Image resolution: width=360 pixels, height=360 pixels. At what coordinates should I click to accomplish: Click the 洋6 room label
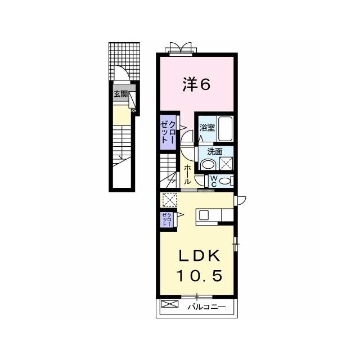pyautogui.click(x=196, y=85)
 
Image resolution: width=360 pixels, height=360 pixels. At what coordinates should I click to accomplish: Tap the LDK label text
pyautogui.click(x=199, y=255)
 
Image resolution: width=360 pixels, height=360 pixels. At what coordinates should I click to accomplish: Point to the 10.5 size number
pyautogui.click(x=199, y=276)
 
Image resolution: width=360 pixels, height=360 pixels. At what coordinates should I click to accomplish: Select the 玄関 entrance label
pyautogui.click(x=120, y=94)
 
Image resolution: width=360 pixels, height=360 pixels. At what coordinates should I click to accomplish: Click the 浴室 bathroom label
pyautogui.click(x=207, y=128)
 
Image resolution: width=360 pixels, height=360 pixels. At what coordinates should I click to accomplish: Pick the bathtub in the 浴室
pyautogui.click(x=225, y=129)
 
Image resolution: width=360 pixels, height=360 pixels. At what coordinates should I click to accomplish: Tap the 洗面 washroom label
pyautogui.click(x=215, y=151)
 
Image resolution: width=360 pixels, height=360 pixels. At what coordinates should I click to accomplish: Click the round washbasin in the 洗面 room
pyautogui.click(x=208, y=164)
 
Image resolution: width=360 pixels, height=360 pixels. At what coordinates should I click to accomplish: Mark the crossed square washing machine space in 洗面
pyautogui.click(x=226, y=164)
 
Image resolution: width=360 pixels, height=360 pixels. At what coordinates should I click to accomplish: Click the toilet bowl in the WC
pyautogui.click(x=225, y=181)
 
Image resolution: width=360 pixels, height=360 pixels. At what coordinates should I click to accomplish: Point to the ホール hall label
pyautogui.click(x=187, y=174)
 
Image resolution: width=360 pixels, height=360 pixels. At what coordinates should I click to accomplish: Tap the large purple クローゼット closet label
pyautogui.click(x=168, y=132)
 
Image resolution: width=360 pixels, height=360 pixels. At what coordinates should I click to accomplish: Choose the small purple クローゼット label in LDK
pyautogui.click(x=166, y=220)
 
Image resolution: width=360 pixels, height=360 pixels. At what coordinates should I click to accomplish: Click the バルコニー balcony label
pyautogui.click(x=206, y=307)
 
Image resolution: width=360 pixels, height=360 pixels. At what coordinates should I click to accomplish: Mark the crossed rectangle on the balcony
pyautogui.click(x=169, y=304)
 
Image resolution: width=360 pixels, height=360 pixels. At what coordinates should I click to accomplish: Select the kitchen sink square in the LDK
pyautogui.click(x=203, y=215)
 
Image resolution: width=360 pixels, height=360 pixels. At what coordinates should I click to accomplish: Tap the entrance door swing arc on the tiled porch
pyautogui.click(x=121, y=69)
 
